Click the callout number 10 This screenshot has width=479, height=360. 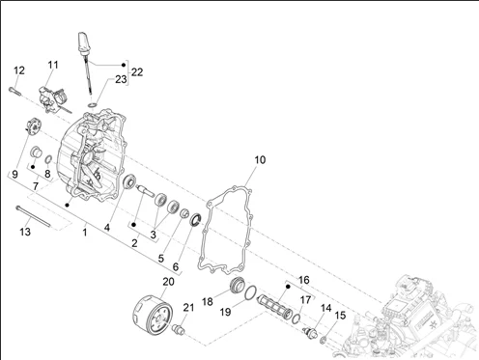[x=260, y=160]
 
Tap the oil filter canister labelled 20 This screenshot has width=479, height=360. [x=153, y=313]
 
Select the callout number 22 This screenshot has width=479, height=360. [x=137, y=72]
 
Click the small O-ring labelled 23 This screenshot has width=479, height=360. [x=93, y=105]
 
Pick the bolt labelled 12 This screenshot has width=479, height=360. [x=14, y=91]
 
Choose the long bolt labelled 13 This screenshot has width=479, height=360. [x=33, y=216]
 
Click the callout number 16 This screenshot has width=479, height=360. [x=304, y=280]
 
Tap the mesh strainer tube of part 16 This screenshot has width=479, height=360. [x=274, y=307]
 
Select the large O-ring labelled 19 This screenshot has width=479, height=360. [x=250, y=292]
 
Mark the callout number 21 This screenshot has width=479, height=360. [x=188, y=308]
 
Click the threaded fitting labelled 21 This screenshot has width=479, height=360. [x=179, y=330]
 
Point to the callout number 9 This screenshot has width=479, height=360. [x=14, y=175]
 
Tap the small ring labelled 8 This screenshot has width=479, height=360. [x=48, y=159]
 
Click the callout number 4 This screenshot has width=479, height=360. [x=107, y=228]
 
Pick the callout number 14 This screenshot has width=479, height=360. [x=325, y=308]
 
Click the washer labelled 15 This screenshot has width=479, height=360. [x=324, y=340]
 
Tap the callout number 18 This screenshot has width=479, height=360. [x=208, y=302]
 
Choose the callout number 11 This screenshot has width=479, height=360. [x=53, y=65]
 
